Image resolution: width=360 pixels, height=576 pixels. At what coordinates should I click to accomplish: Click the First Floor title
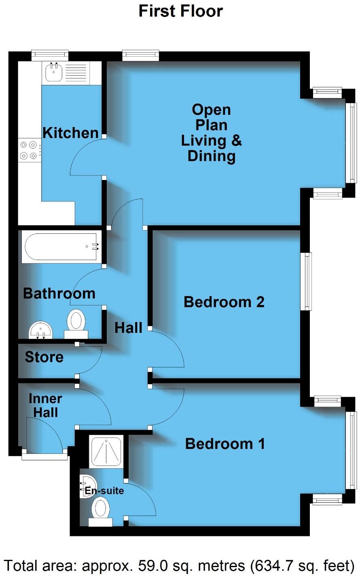180,11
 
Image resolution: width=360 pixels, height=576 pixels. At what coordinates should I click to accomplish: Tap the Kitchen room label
70,133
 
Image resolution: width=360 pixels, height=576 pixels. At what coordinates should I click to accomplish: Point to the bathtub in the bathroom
61,246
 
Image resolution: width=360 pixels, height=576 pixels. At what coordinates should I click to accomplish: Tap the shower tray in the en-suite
105,450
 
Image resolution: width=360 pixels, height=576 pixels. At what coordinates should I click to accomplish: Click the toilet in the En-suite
100,511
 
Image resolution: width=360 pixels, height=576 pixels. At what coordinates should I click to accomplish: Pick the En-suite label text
104,491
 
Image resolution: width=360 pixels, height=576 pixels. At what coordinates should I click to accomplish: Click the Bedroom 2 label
224,302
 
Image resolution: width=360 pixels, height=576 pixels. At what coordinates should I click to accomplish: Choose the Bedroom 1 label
225,444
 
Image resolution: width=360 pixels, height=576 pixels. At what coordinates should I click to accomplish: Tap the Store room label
44,357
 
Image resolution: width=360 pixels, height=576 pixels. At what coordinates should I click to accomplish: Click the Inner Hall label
45,405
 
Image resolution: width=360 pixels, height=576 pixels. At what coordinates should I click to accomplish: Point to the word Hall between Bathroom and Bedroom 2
128,328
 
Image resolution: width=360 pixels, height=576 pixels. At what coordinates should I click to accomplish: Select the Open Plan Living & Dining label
211,133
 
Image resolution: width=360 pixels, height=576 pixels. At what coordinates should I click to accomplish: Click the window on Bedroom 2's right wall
308,281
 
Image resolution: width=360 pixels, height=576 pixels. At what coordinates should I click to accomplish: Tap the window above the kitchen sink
50,55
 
